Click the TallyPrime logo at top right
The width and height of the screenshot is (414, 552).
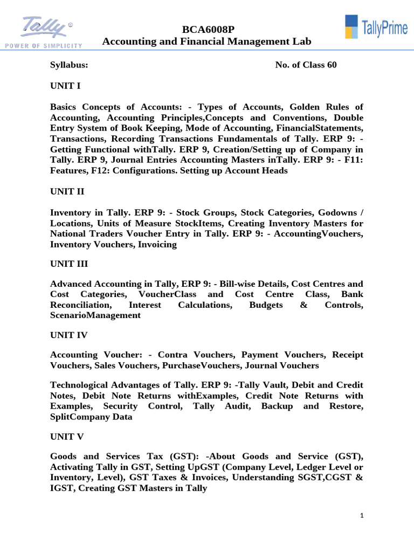(376, 27)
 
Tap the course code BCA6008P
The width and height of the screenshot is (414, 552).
(206, 29)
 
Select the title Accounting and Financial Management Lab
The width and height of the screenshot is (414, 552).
(206, 42)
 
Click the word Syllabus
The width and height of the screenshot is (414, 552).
(69, 65)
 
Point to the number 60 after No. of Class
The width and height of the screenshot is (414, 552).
(331, 65)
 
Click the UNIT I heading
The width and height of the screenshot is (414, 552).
(65, 86)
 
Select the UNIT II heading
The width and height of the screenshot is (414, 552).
(67, 191)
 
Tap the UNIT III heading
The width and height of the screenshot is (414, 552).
(69, 264)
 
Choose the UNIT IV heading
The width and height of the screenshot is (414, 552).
(68, 335)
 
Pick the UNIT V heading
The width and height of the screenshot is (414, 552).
(67, 436)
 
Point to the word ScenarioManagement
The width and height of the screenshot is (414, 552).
(95, 316)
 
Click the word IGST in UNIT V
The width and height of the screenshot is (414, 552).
(62, 488)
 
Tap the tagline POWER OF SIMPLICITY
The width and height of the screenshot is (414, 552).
(43, 45)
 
